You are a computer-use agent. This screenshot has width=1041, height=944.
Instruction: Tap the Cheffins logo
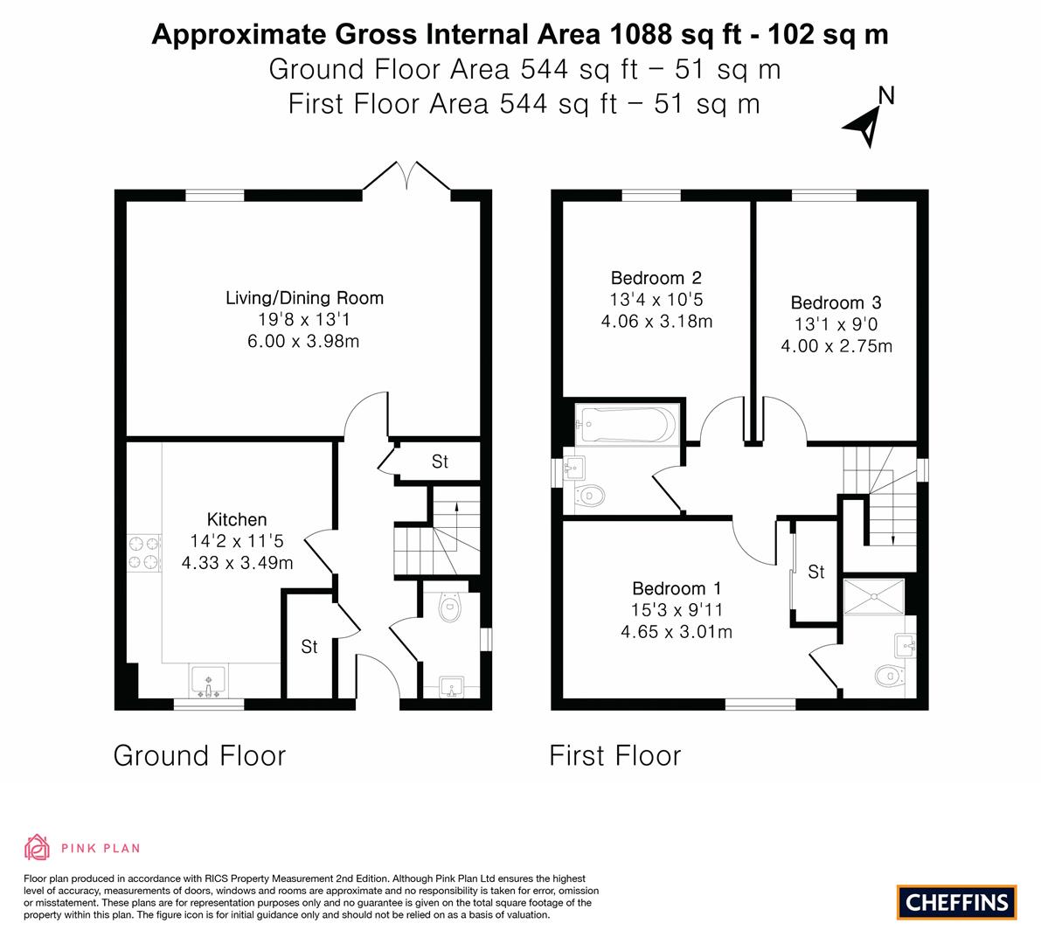point(956,901)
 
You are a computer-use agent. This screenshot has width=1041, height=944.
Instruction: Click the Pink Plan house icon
point(38,847)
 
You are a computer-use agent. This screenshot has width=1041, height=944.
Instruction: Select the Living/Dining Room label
point(304,298)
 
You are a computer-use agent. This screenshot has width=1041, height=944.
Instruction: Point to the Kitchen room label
point(237,519)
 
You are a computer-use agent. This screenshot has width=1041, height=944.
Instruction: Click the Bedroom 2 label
point(656,279)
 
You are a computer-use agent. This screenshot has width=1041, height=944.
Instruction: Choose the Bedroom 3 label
point(836,303)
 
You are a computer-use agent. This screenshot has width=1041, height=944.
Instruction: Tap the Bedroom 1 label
point(677,588)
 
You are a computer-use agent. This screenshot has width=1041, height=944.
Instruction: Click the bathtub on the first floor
point(624,426)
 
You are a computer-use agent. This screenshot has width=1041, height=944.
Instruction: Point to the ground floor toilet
point(450,607)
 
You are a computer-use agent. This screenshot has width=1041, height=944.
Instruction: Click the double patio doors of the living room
point(407,177)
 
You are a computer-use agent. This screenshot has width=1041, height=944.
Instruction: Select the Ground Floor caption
point(199,755)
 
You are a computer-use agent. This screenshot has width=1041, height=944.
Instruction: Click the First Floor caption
point(614,755)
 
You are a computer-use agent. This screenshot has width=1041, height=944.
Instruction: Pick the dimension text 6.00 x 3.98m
point(303,341)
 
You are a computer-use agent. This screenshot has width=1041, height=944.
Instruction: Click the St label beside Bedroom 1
point(815,573)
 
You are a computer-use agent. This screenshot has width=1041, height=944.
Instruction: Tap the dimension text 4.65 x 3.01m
point(676,631)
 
